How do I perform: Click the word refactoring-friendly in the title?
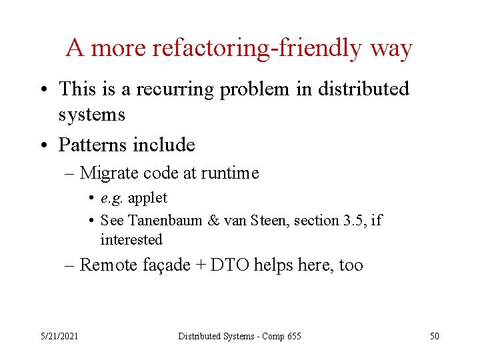coord(257,49)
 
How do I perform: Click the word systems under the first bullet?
coord(91,115)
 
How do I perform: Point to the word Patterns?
coord(93,144)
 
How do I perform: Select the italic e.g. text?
coord(112,198)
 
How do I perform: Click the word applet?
coord(147,198)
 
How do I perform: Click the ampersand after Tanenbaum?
coord(213,220)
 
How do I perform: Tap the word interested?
coord(131,239)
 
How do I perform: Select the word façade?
coord(167,265)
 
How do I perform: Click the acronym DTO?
coord(225,265)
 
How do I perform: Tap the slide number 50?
coord(434,336)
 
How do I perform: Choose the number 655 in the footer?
coord(293,336)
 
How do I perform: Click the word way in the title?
coord(391,49)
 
